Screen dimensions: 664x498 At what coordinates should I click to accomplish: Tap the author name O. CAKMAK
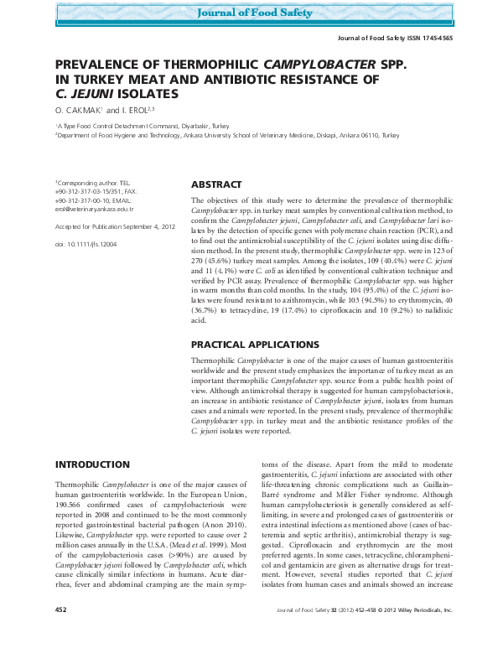(80, 110)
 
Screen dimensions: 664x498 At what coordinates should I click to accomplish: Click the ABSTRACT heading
(216, 184)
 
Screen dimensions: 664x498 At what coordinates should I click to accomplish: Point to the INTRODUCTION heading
(92, 464)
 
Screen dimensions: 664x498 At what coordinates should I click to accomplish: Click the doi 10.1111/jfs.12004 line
(86, 244)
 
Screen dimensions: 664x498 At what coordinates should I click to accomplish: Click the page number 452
(61, 635)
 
